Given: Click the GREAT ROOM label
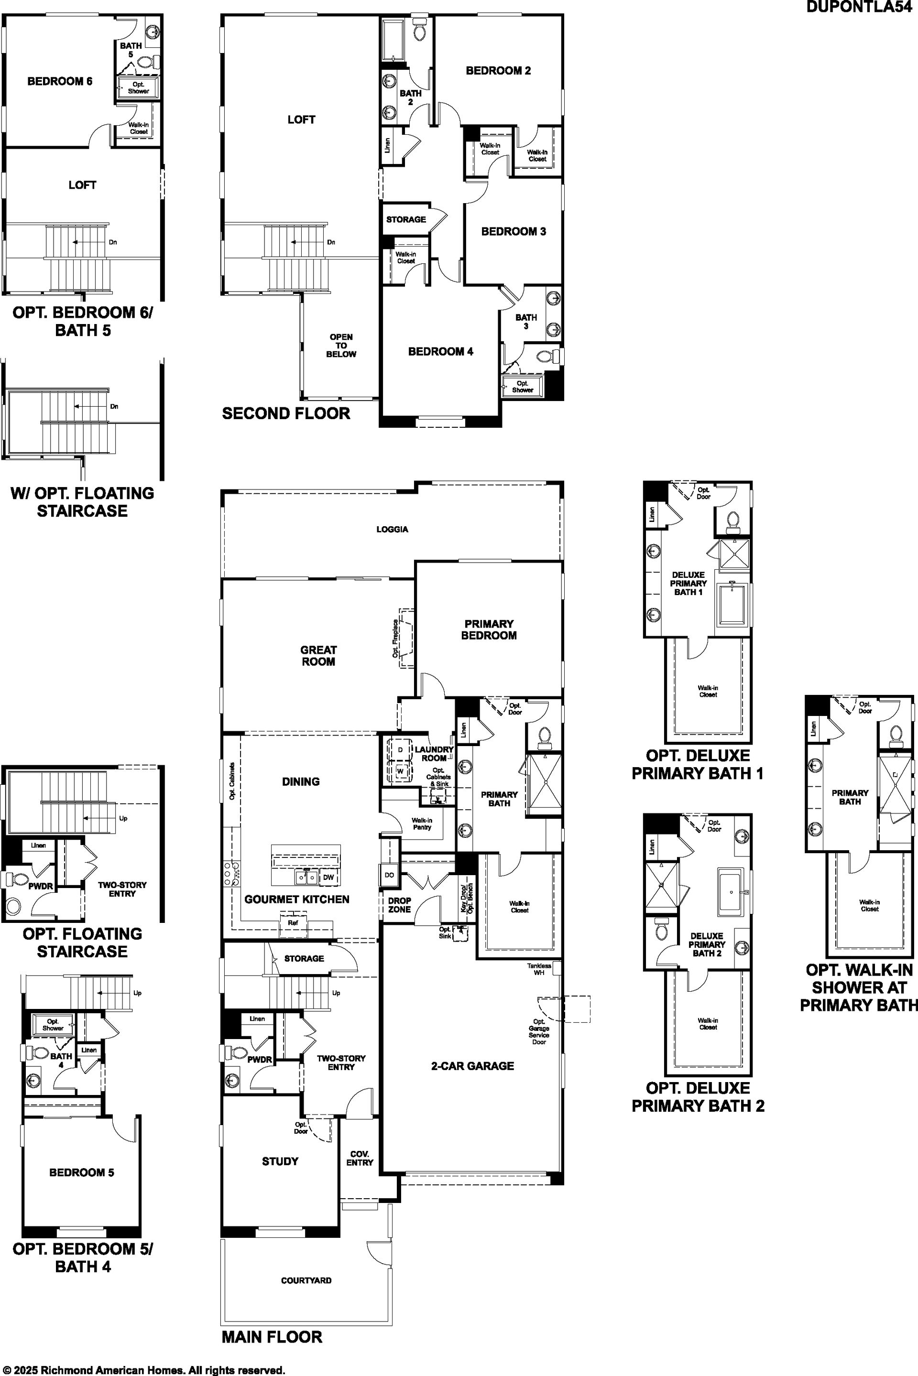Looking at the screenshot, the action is (318, 656).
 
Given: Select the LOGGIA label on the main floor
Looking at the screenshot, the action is (392, 529).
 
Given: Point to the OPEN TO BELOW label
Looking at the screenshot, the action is (341, 346).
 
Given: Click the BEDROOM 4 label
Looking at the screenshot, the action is (440, 352).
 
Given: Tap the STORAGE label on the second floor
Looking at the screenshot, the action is (406, 219).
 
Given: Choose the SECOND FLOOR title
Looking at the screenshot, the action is (286, 413).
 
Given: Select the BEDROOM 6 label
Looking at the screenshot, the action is (60, 81).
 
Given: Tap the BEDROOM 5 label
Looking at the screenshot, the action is (81, 1172).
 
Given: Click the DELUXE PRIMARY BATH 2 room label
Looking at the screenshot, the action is (707, 944).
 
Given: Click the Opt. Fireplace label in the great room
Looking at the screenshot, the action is (395, 638).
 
